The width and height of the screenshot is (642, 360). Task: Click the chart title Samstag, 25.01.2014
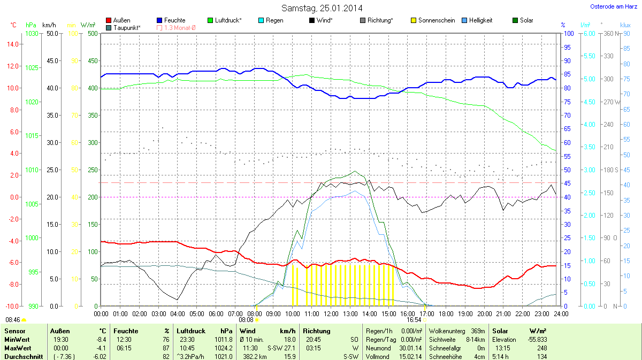[x=322, y=8]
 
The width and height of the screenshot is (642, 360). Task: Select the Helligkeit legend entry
[x=480, y=20]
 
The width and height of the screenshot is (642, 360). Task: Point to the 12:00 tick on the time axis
[x=331, y=313]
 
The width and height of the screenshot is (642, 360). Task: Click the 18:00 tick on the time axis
[x=446, y=313]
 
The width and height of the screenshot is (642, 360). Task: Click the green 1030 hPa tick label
[x=32, y=33]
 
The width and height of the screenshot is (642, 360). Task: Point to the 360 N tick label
[x=612, y=33]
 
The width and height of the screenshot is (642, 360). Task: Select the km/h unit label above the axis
[x=49, y=25]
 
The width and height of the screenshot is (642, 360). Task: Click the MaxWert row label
[x=16, y=348]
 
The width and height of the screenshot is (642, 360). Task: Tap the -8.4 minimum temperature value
[x=100, y=340]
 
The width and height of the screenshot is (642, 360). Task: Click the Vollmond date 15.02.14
[x=411, y=356]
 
